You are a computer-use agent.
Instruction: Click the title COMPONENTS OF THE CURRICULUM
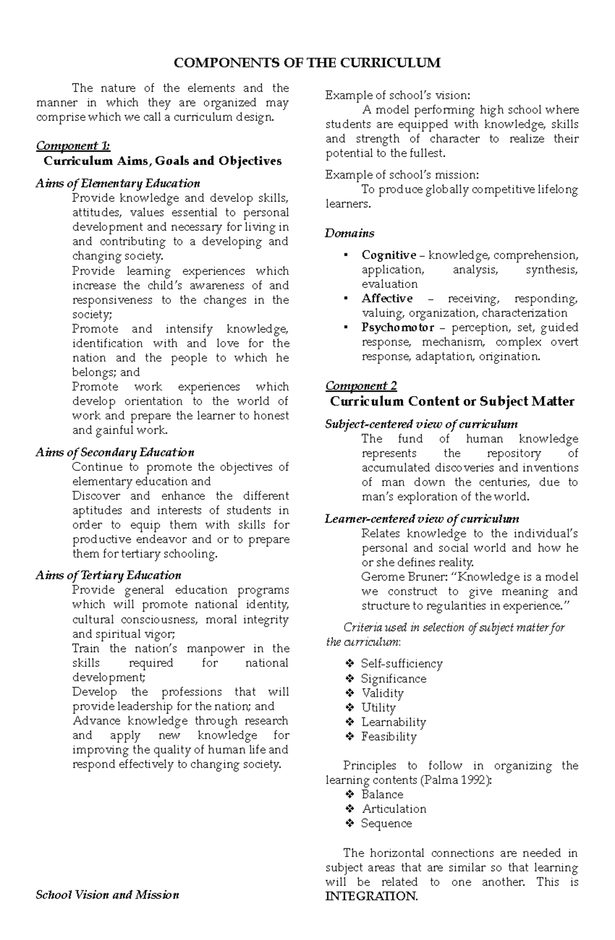tap(307, 63)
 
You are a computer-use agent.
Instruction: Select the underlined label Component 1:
tap(73, 146)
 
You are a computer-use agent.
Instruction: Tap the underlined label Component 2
tap(361, 386)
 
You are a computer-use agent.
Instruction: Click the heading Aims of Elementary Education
tap(118, 183)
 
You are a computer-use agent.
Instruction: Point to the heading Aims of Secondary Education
tap(115, 452)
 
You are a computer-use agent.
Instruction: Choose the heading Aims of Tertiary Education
tap(109, 575)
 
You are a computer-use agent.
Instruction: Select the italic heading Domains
tap(350, 233)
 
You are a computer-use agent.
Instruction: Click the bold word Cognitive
tap(388, 255)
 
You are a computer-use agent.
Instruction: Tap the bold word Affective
tap(387, 299)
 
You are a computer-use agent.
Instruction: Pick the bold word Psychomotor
tap(398, 327)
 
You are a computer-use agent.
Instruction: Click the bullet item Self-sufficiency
tap(401, 664)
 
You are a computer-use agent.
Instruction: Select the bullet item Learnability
tap(394, 722)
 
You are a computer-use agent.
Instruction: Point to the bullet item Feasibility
tap(389, 737)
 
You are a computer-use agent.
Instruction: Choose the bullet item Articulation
tap(394, 809)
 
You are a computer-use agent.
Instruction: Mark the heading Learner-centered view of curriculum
tap(422, 519)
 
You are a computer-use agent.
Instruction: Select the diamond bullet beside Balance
tap(350, 795)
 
